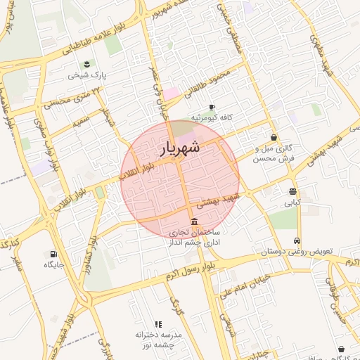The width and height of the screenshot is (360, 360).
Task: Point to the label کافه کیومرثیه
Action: pyautogui.click(x=212, y=117)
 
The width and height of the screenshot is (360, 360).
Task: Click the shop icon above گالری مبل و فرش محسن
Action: pyautogui.click(x=273, y=138)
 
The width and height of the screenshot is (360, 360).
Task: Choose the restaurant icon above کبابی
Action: pyautogui.click(x=292, y=192)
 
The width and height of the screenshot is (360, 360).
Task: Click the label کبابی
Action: pyautogui.click(x=292, y=202)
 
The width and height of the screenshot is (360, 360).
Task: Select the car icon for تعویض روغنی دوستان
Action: pyautogui.click(x=298, y=240)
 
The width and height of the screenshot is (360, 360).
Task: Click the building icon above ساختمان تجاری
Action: pyautogui.click(x=194, y=221)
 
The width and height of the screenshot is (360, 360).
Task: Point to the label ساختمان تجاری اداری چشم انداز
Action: pyautogui.click(x=194, y=236)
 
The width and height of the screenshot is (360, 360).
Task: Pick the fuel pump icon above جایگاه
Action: pyautogui.click(x=53, y=254)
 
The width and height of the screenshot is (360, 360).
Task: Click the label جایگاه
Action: pyautogui.click(x=54, y=264)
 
